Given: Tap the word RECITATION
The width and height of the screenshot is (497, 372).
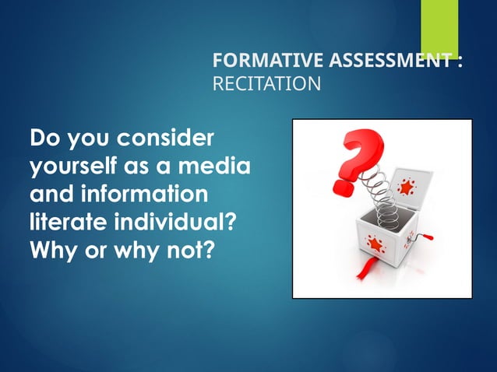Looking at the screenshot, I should coord(266,83).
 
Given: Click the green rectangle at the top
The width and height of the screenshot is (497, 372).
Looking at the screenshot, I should coord(439,26).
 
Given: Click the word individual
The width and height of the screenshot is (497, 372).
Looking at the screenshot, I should coord(181,218).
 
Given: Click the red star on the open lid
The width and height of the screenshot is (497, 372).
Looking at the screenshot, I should coord(407,188).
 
